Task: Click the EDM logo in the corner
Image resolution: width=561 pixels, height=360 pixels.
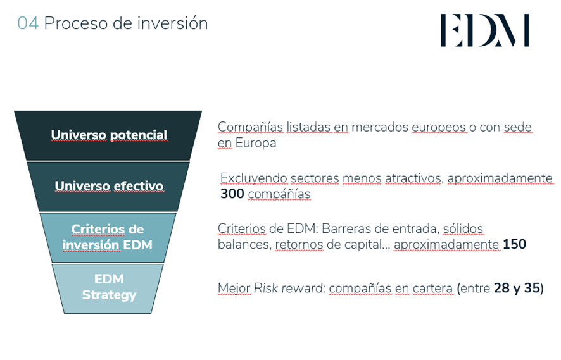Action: pyautogui.click(x=484, y=31)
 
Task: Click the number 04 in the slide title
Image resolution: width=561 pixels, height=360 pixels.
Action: pyautogui.click(x=28, y=24)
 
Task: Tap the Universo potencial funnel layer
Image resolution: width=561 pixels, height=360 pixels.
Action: pyautogui.click(x=108, y=135)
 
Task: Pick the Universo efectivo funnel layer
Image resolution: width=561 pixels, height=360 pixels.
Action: pyautogui.click(x=108, y=186)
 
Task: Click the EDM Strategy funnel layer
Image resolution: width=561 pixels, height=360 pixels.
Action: pyautogui.click(x=108, y=287)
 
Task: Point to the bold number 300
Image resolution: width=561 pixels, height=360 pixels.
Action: pyautogui.click(x=232, y=194)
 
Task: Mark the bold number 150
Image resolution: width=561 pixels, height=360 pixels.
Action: pyautogui.click(x=514, y=244)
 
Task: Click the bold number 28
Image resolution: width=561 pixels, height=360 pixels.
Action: pyautogui.click(x=501, y=289)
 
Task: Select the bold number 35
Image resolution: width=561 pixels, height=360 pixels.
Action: pyautogui.click(x=531, y=289)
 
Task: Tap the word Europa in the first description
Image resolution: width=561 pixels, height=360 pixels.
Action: pyautogui.click(x=255, y=143)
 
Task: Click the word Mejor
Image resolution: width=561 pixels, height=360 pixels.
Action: pyautogui.click(x=234, y=289)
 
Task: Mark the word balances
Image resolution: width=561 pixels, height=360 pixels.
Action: pyautogui.click(x=243, y=244)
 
